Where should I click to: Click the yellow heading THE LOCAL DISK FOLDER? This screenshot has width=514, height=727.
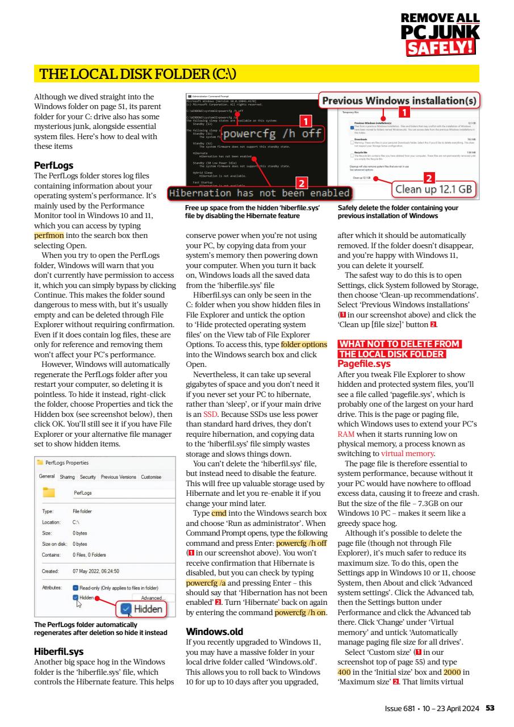click(x=136, y=74)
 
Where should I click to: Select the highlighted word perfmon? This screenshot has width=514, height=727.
click(x=49, y=235)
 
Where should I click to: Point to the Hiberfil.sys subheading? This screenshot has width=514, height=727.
click(x=59, y=651)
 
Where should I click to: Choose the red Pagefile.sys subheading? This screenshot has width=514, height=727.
click(x=364, y=363)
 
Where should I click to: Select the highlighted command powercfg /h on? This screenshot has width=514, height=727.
click(x=300, y=597)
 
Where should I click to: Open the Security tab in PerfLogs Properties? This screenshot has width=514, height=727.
click(x=87, y=477)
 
